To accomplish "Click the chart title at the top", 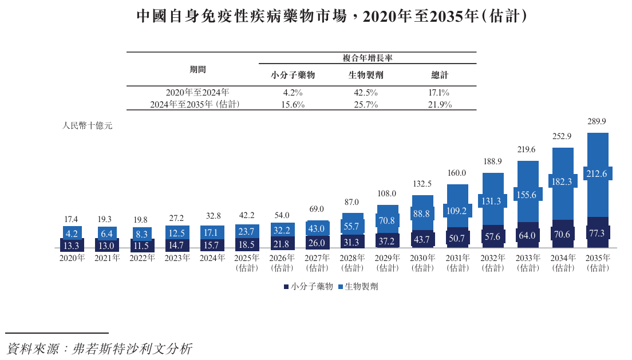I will click(331, 17).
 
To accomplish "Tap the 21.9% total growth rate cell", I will click(440, 105).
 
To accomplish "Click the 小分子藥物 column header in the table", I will click(293, 75).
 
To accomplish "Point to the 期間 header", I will click(197, 69).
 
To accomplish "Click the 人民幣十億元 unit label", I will click(87, 126).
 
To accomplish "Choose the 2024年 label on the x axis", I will click(212, 258).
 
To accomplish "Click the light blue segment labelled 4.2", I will click(73, 233).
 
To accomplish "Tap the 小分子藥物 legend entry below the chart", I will click(308, 287).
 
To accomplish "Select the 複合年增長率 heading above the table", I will click(366, 58).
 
